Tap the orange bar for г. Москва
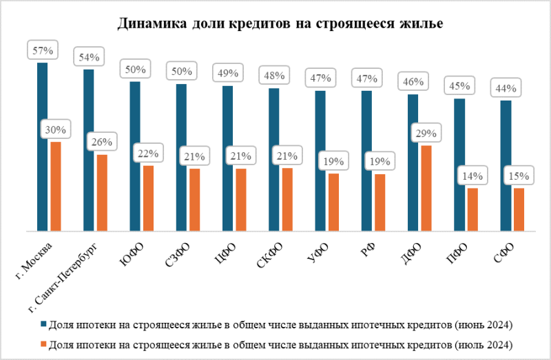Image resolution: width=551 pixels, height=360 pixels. pyautogui.click(x=56, y=186)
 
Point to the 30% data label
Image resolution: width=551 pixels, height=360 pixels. pyautogui.click(x=56, y=129)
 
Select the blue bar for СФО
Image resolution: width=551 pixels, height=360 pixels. pyautogui.click(x=506, y=166)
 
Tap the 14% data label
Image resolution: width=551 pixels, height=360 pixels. pyautogui.click(x=472, y=176)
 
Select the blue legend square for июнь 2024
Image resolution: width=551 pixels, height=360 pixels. pyautogui.click(x=43, y=324)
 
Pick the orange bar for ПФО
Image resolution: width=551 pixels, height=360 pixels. pyautogui.click(x=472, y=209)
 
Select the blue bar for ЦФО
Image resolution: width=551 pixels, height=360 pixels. pyautogui.click(x=227, y=158)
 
